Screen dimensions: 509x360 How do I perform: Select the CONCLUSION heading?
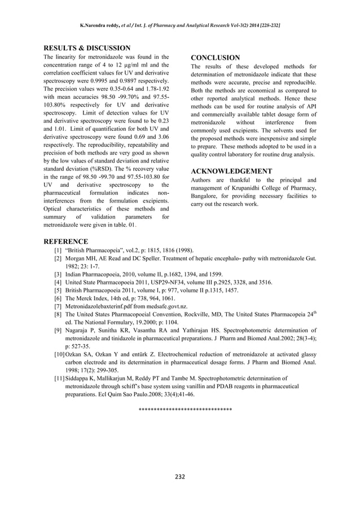click(x=215, y=58)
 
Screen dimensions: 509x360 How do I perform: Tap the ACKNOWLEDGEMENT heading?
click(x=231, y=171)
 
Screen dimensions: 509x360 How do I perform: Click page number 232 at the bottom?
click(x=179, y=477)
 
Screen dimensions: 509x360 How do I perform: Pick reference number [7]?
click(x=58, y=306)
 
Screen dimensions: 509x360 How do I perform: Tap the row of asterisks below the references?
click(x=185, y=407)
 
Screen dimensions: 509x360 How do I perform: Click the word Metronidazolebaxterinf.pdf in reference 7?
click(x=102, y=306)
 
